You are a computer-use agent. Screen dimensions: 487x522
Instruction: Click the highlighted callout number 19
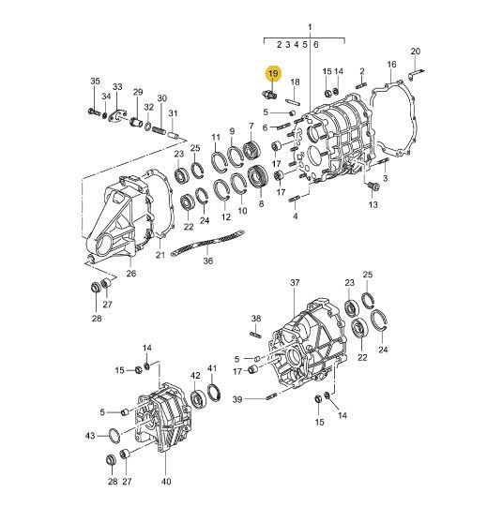[x=273, y=73]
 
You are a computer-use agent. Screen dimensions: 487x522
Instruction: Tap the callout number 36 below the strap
[x=207, y=261]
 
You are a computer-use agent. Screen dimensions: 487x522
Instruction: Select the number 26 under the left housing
[x=131, y=274]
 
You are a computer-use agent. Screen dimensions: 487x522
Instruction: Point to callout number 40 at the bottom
[x=166, y=482]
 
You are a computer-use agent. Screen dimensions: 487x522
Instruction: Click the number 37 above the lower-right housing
[x=295, y=283]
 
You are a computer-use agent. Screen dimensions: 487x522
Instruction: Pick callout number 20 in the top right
[x=416, y=52]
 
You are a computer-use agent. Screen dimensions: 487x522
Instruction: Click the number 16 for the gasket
[x=391, y=65]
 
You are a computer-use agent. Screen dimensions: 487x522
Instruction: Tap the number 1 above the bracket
[x=310, y=26]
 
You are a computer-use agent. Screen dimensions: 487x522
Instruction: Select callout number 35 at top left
[x=95, y=82]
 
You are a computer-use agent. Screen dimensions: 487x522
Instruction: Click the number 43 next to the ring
[x=90, y=436]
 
